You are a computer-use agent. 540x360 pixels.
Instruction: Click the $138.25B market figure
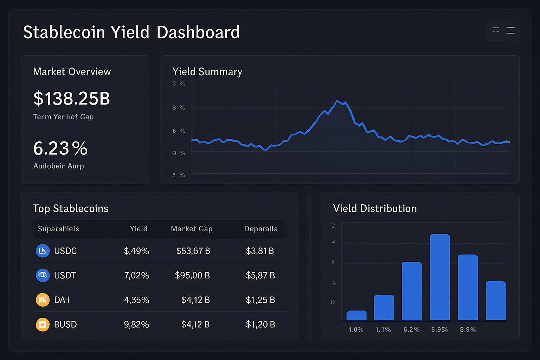pyautogui.click(x=72, y=98)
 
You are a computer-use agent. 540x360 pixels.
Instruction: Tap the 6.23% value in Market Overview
pyautogui.click(x=60, y=148)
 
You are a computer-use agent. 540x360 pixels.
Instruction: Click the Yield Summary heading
pyautogui.click(x=207, y=72)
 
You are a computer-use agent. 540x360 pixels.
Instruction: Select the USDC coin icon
pyautogui.click(x=43, y=251)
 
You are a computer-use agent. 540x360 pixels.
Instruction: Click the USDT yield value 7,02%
pyautogui.click(x=136, y=275)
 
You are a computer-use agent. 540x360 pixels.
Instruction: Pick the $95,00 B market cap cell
pyautogui.click(x=192, y=275)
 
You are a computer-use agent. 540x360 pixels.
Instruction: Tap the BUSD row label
pyautogui.click(x=65, y=324)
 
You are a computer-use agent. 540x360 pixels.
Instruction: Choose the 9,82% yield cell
pyautogui.click(x=136, y=324)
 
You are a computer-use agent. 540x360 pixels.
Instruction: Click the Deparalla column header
pyautogui.click(x=261, y=229)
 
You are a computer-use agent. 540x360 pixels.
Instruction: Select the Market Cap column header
pyautogui.click(x=192, y=229)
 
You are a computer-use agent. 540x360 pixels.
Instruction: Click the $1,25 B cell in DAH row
pyautogui.click(x=260, y=300)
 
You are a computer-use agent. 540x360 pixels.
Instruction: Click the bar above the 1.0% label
pyautogui.click(x=356, y=315)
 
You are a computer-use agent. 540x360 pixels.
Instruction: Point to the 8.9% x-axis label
pyautogui.click(x=468, y=330)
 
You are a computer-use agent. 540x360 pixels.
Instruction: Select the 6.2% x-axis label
pyautogui.click(x=411, y=330)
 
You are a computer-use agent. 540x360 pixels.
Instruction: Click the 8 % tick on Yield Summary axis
pyautogui.click(x=179, y=108)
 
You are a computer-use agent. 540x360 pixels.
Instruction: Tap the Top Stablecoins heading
pyautogui.click(x=70, y=208)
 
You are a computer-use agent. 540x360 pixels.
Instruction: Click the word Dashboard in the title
pyautogui.click(x=198, y=32)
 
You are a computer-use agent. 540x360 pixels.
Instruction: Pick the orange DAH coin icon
pyautogui.click(x=43, y=300)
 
